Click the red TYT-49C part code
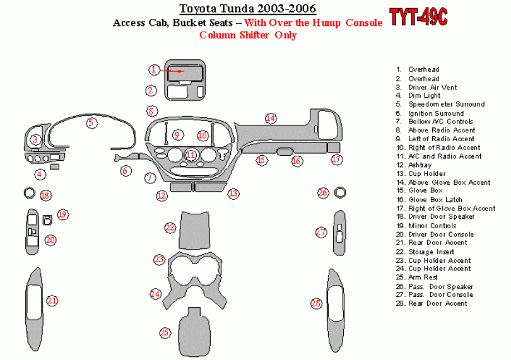(x=418, y=17)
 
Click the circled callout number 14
(x=270, y=119)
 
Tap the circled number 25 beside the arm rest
(x=165, y=333)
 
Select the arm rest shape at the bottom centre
(x=194, y=332)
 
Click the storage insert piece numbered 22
(x=194, y=230)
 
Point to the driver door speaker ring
(x=29, y=193)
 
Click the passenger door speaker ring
(x=340, y=192)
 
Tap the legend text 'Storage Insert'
(x=431, y=252)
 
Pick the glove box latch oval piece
(x=285, y=151)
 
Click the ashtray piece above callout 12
(x=180, y=187)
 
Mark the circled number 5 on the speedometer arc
(x=91, y=123)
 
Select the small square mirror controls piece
(x=47, y=220)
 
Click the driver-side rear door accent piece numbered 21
(x=34, y=310)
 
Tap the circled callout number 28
(x=316, y=304)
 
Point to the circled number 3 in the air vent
(x=35, y=140)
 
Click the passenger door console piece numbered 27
(x=339, y=233)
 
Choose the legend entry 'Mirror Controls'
(x=432, y=226)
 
